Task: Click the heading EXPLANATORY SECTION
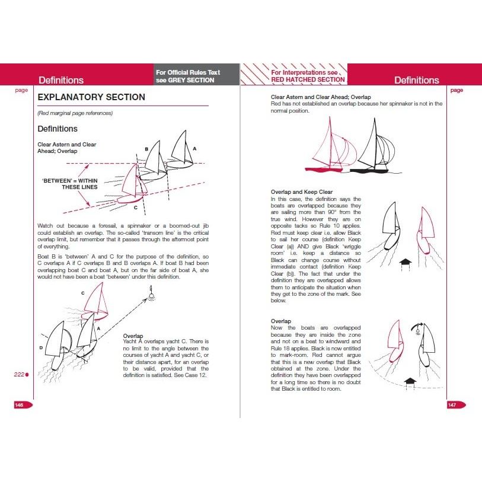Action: pyautogui.click(x=91, y=97)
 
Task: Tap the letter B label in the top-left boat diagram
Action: pyautogui.click(x=146, y=149)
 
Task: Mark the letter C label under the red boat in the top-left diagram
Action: pyautogui.click(x=136, y=208)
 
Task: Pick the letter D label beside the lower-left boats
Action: pyautogui.click(x=42, y=347)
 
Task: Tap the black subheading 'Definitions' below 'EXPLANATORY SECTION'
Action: pyautogui.click(x=58, y=129)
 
